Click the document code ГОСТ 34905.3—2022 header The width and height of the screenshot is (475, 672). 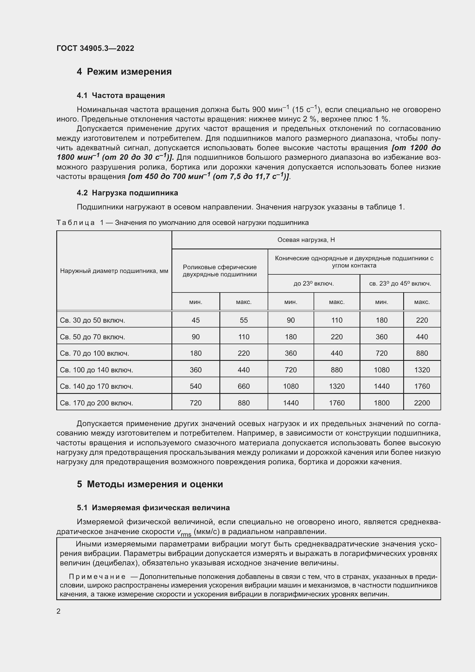click(95, 48)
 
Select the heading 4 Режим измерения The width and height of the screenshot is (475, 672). click(124, 72)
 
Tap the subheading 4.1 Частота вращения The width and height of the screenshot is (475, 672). click(121, 95)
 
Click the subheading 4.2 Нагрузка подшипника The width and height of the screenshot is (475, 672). click(127, 193)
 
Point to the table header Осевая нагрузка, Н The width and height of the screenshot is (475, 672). click(306, 240)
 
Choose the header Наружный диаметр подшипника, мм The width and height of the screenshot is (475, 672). click(114, 271)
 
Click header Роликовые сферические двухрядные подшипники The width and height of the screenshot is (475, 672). click(220, 271)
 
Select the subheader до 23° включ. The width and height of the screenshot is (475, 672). click(314, 284)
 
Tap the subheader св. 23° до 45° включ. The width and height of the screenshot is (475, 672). click(400, 284)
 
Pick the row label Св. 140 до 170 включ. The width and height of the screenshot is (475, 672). click(96, 386)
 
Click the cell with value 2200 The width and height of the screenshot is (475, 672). click(422, 403)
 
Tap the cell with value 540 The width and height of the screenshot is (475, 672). click(196, 386)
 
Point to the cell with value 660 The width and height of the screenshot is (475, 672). click(244, 386)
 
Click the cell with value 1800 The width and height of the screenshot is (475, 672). click(381, 403)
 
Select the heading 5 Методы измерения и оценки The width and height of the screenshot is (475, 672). click(150, 484)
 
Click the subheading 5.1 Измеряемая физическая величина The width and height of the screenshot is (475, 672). click(153, 508)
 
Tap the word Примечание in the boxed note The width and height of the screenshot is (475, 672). click(97, 577)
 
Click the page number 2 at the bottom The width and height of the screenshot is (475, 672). click(59, 611)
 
